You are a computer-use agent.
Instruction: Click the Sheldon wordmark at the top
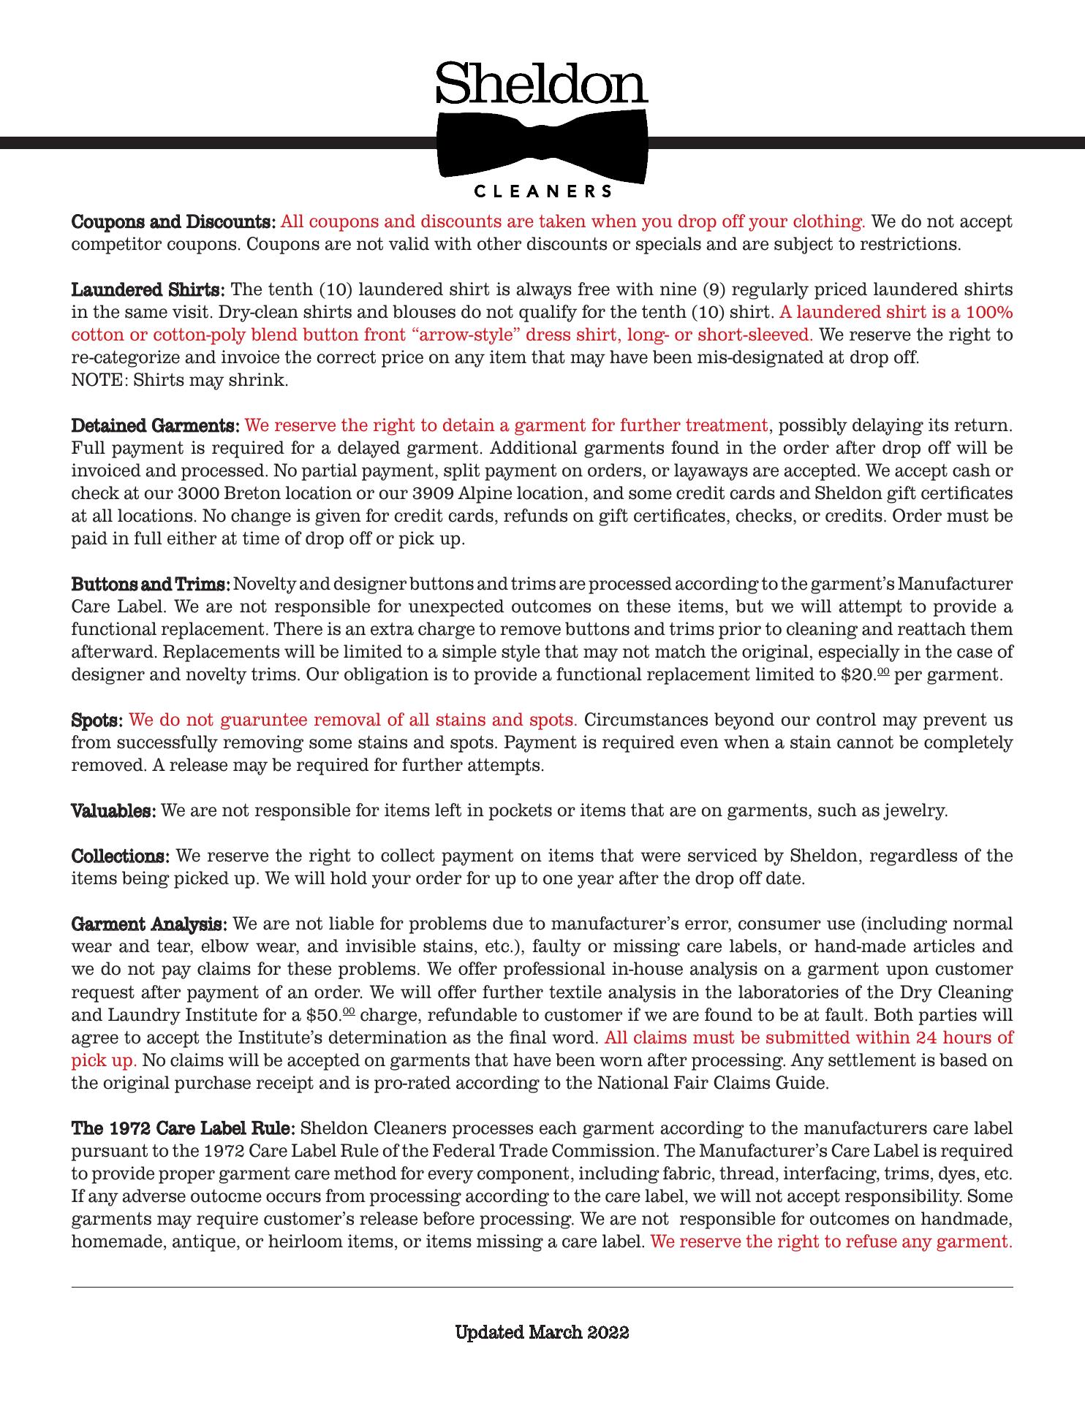542,84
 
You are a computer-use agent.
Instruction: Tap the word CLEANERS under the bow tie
542,192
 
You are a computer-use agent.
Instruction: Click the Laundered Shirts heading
148,289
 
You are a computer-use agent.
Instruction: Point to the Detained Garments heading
156,425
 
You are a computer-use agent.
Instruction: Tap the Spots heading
97,720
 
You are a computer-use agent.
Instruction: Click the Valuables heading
113,810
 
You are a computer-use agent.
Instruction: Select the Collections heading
121,856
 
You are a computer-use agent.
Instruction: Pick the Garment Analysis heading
149,924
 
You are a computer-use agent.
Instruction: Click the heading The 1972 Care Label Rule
183,1128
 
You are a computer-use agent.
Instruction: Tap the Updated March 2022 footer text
542,1332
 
